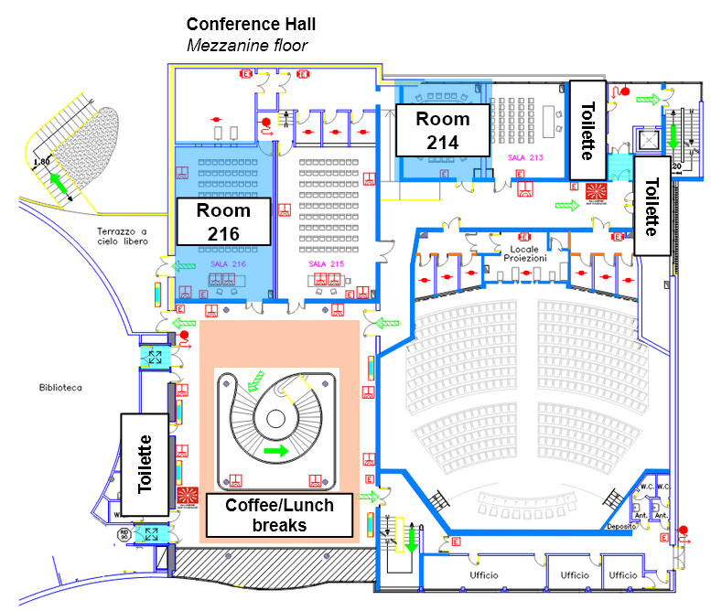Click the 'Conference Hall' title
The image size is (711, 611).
pos(251,24)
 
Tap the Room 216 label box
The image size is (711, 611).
pos(223,221)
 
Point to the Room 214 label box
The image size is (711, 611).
pos(442,130)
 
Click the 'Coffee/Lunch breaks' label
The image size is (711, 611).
pos(279,515)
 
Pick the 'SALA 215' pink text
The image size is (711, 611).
pos(325,263)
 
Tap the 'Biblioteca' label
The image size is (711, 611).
pos(60,388)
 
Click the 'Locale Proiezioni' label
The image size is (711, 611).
pos(523,253)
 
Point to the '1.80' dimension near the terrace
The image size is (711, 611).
pos(41,162)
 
